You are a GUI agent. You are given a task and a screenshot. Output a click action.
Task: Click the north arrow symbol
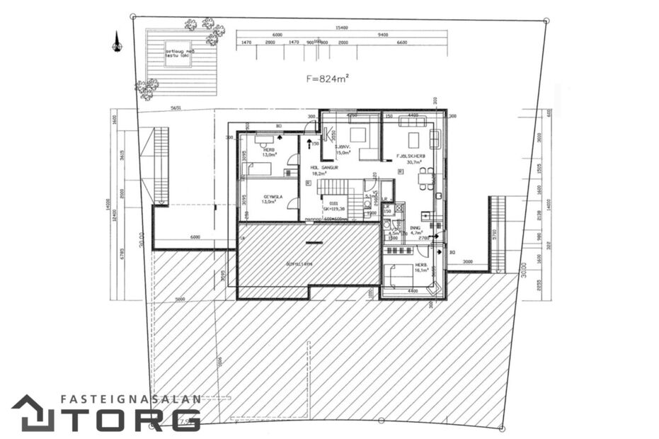117,42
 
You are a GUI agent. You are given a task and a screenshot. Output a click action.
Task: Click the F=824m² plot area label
328,79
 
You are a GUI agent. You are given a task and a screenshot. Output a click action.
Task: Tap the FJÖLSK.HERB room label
411,154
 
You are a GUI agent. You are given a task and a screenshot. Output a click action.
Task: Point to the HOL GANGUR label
325,168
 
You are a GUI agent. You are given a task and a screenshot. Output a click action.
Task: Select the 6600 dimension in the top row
402,43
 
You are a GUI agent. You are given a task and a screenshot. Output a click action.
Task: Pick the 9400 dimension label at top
383,35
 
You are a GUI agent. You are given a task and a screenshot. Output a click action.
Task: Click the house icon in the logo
33,414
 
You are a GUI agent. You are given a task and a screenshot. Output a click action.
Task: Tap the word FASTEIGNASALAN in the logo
131,399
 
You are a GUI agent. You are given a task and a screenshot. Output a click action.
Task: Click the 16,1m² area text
423,270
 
